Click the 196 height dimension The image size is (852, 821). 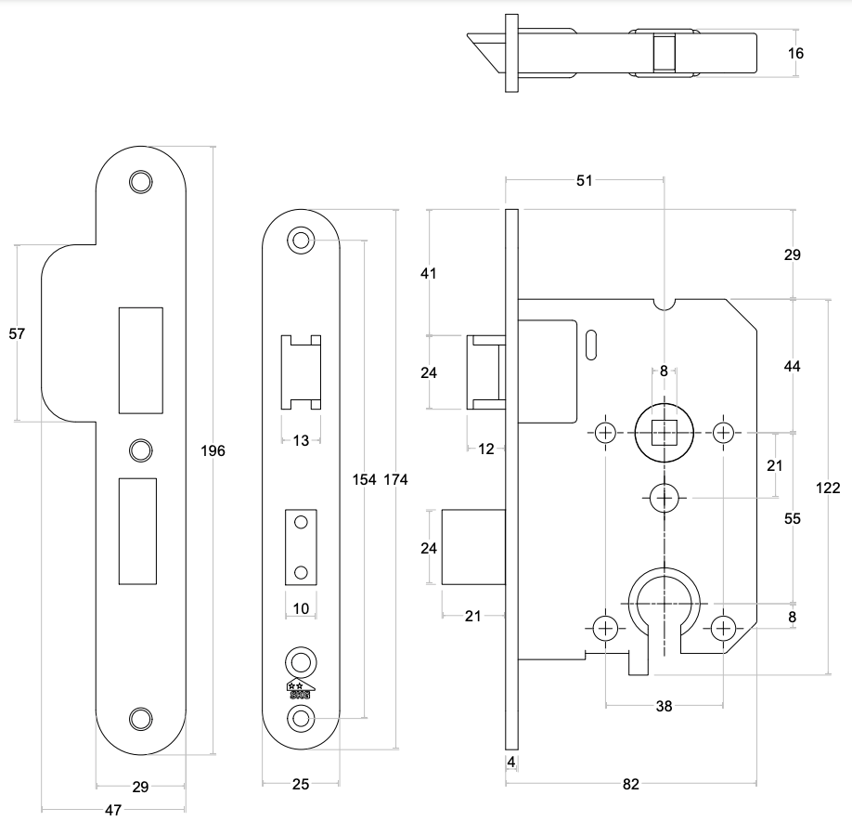coord(213,451)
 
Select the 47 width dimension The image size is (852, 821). coord(113,810)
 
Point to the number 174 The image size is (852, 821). coord(395,479)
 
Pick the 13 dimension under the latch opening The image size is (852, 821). coord(301,440)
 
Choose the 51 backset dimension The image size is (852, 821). coord(584,181)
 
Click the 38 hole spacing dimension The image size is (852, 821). coord(664,706)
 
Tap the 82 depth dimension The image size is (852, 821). coord(631,785)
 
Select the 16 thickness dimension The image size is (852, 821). coord(795,54)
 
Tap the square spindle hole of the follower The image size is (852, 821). coord(664,433)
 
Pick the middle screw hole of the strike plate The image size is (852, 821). coord(140,450)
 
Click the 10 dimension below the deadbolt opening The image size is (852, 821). coord(300,608)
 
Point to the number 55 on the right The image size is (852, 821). coord(792,519)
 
